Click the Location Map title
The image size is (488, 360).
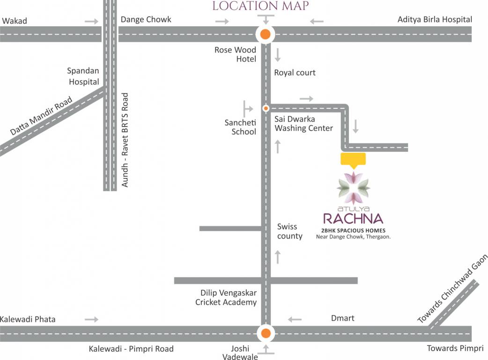point(260,6)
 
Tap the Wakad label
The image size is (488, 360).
point(15,21)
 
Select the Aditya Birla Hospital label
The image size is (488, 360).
point(435,20)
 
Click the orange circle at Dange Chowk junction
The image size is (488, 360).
point(265,34)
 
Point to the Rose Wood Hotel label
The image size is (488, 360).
point(235,54)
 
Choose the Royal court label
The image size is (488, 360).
point(295,73)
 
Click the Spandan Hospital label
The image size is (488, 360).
point(83,76)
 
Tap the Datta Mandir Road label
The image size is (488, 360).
point(41,116)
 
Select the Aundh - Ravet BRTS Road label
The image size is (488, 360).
point(125,140)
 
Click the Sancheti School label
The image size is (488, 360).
point(240,127)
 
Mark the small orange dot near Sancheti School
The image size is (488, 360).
point(266,108)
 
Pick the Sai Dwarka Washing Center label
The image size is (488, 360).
point(303,124)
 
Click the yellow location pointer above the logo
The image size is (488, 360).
point(354,159)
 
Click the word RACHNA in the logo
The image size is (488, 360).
point(354,218)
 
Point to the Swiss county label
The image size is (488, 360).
point(289,231)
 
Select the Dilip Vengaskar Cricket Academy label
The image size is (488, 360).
point(226,298)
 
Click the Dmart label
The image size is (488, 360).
point(343,318)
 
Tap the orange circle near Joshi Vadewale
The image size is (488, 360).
point(265,334)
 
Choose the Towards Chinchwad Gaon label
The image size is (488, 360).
point(452,289)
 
